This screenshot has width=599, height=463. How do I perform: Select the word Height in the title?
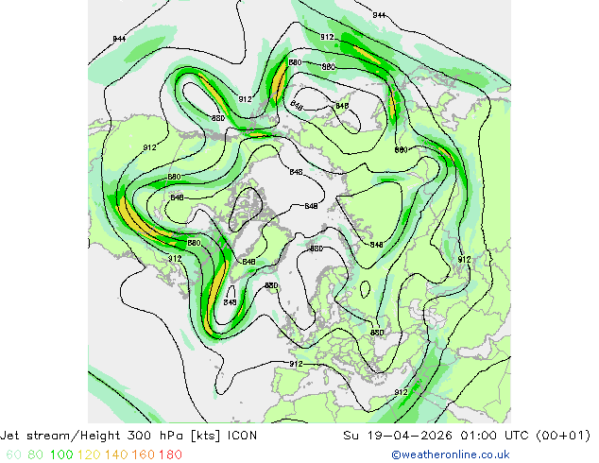click(x=105, y=437)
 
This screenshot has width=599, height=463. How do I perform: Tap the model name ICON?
click(x=243, y=437)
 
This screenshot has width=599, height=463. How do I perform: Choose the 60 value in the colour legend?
click(x=12, y=454)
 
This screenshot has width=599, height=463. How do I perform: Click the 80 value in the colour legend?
click(x=34, y=454)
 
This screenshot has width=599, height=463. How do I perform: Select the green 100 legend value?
click(x=60, y=454)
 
